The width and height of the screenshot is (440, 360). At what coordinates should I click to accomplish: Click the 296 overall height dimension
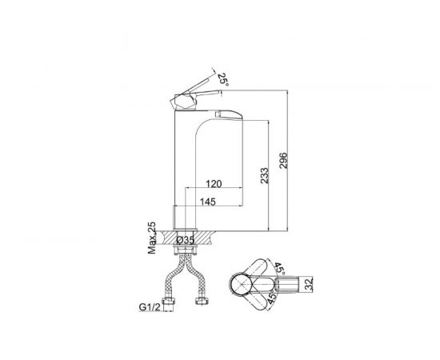(284, 161)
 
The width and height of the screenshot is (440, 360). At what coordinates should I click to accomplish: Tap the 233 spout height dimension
(265, 176)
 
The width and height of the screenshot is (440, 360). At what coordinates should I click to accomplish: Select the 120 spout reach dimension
(214, 184)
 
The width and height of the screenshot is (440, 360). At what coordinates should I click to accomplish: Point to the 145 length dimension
(208, 202)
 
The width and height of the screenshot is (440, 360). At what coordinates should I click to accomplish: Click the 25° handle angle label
(223, 79)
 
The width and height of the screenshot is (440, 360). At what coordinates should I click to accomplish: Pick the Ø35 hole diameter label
(186, 240)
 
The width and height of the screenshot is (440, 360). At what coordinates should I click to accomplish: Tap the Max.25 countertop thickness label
(152, 238)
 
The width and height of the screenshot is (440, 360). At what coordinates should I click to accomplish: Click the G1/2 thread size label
(150, 307)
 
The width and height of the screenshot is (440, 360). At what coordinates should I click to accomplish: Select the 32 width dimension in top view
(309, 285)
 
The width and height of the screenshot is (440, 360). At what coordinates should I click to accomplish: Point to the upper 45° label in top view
(279, 269)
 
